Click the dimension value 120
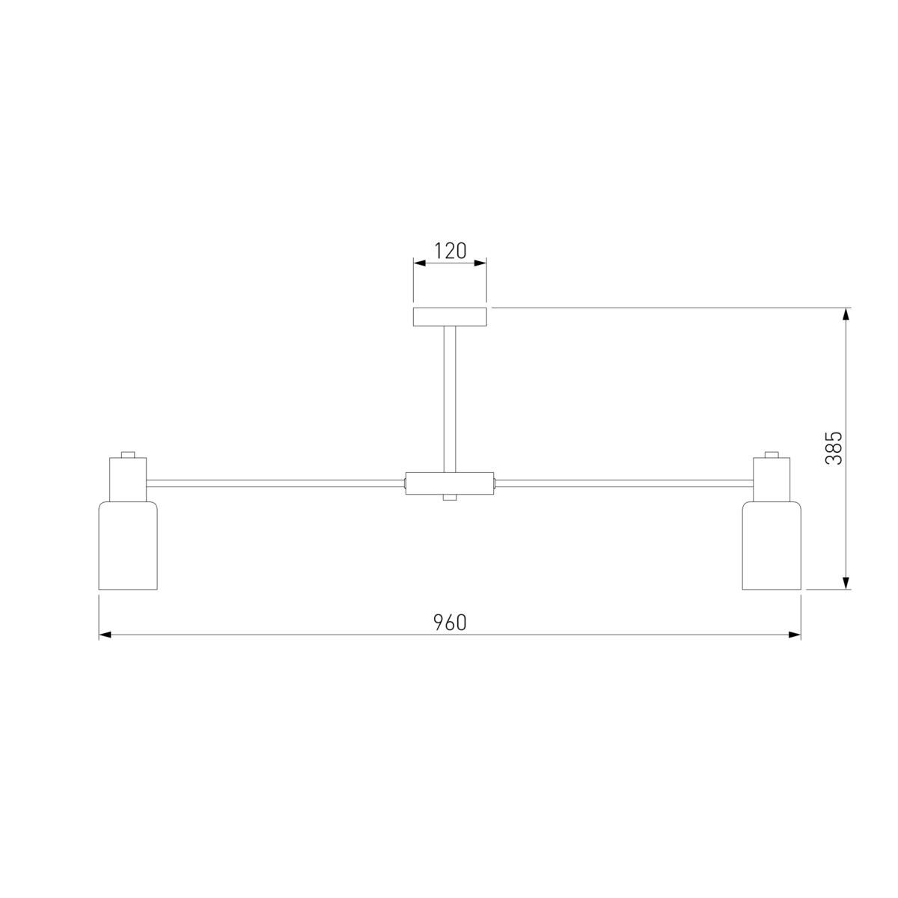[450, 251]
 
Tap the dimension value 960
[450, 623]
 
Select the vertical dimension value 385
[834, 448]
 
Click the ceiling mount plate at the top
[450, 317]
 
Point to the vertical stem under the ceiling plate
[450, 400]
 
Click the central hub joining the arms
[450, 483]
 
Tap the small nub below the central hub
[450, 498]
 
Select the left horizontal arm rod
[276, 483]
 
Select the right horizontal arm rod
[623, 483]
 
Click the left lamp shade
[128, 546]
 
